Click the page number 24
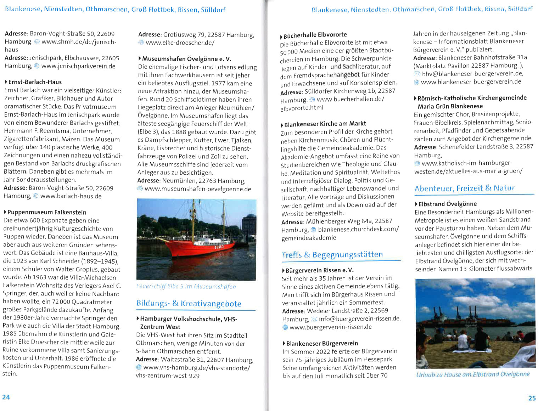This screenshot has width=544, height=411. (6, 397)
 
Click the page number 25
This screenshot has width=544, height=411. (532, 398)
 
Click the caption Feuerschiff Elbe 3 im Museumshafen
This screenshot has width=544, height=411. (186, 286)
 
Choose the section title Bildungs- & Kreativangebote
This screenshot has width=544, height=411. (189, 304)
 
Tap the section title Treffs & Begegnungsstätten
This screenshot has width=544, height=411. (332, 255)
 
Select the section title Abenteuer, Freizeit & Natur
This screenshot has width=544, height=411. (464, 188)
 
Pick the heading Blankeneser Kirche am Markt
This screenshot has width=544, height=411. (325, 124)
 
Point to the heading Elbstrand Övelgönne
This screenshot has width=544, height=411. (447, 204)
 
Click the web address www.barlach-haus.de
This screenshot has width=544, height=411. (71, 196)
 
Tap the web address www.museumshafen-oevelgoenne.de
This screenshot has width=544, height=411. (198, 189)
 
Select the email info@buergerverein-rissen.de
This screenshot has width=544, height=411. (359, 319)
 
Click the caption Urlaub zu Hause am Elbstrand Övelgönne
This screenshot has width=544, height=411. (473, 374)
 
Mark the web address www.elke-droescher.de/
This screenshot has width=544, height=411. (180, 43)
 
